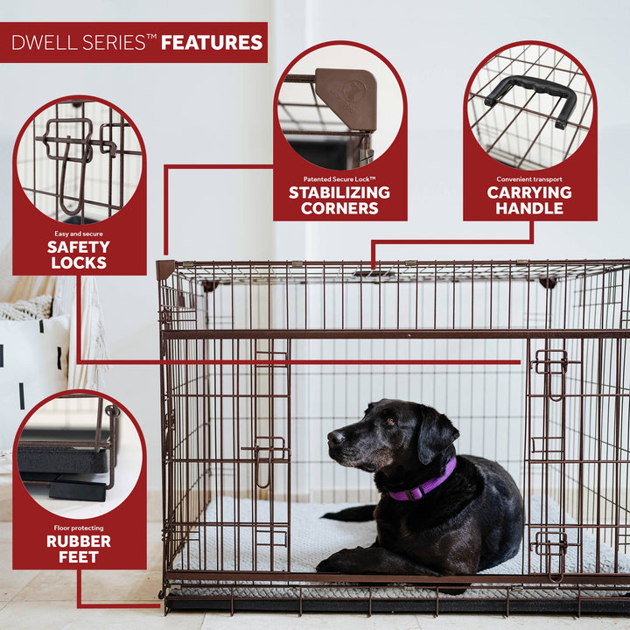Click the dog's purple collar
(425, 484)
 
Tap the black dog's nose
(333, 435)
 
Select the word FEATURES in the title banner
(212, 42)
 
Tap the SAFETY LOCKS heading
(79, 255)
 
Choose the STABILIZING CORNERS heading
(339, 200)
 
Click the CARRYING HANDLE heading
(529, 200)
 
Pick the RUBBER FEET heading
(79, 549)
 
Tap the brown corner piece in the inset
(346, 97)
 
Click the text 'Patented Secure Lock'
(339, 177)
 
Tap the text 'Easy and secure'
(79, 233)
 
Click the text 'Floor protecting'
(79, 528)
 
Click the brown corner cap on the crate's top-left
(165, 269)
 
